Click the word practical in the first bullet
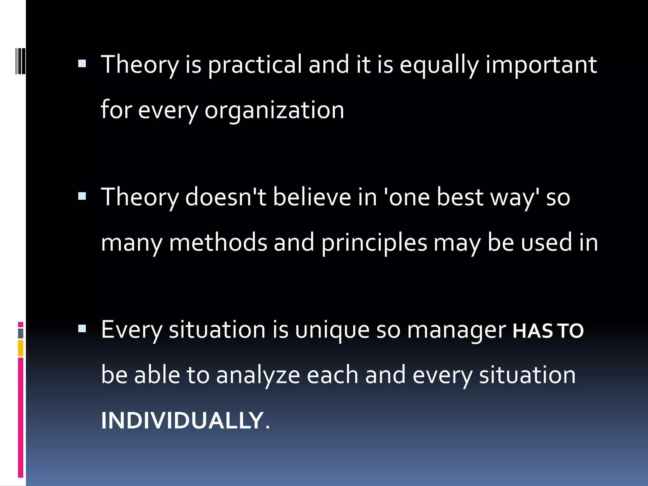[x=255, y=65]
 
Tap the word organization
[x=274, y=110]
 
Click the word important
[x=541, y=65]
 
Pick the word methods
[x=218, y=243]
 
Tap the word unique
[x=332, y=330]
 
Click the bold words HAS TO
[x=548, y=331]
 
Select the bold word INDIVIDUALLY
[x=182, y=421]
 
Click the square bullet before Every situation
[x=82, y=329]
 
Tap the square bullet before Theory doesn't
[x=82, y=196]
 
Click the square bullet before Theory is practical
[x=82, y=64]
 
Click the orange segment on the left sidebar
[x=21, y=348]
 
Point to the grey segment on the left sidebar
[x=21, y=333]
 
